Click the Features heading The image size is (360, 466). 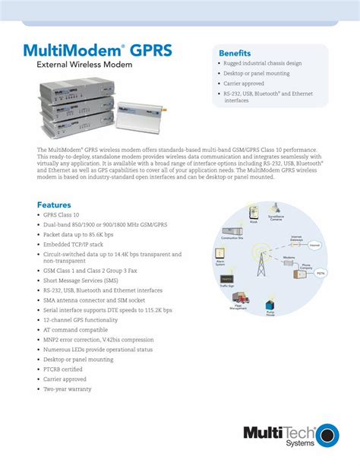(54, 204)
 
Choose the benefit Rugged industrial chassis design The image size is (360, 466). (263, 63)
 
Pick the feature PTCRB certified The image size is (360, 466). (65, 369)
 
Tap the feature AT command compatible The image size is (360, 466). (75, 330)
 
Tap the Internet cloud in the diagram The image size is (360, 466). (314, 246)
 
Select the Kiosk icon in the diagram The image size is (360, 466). (253, 214)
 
